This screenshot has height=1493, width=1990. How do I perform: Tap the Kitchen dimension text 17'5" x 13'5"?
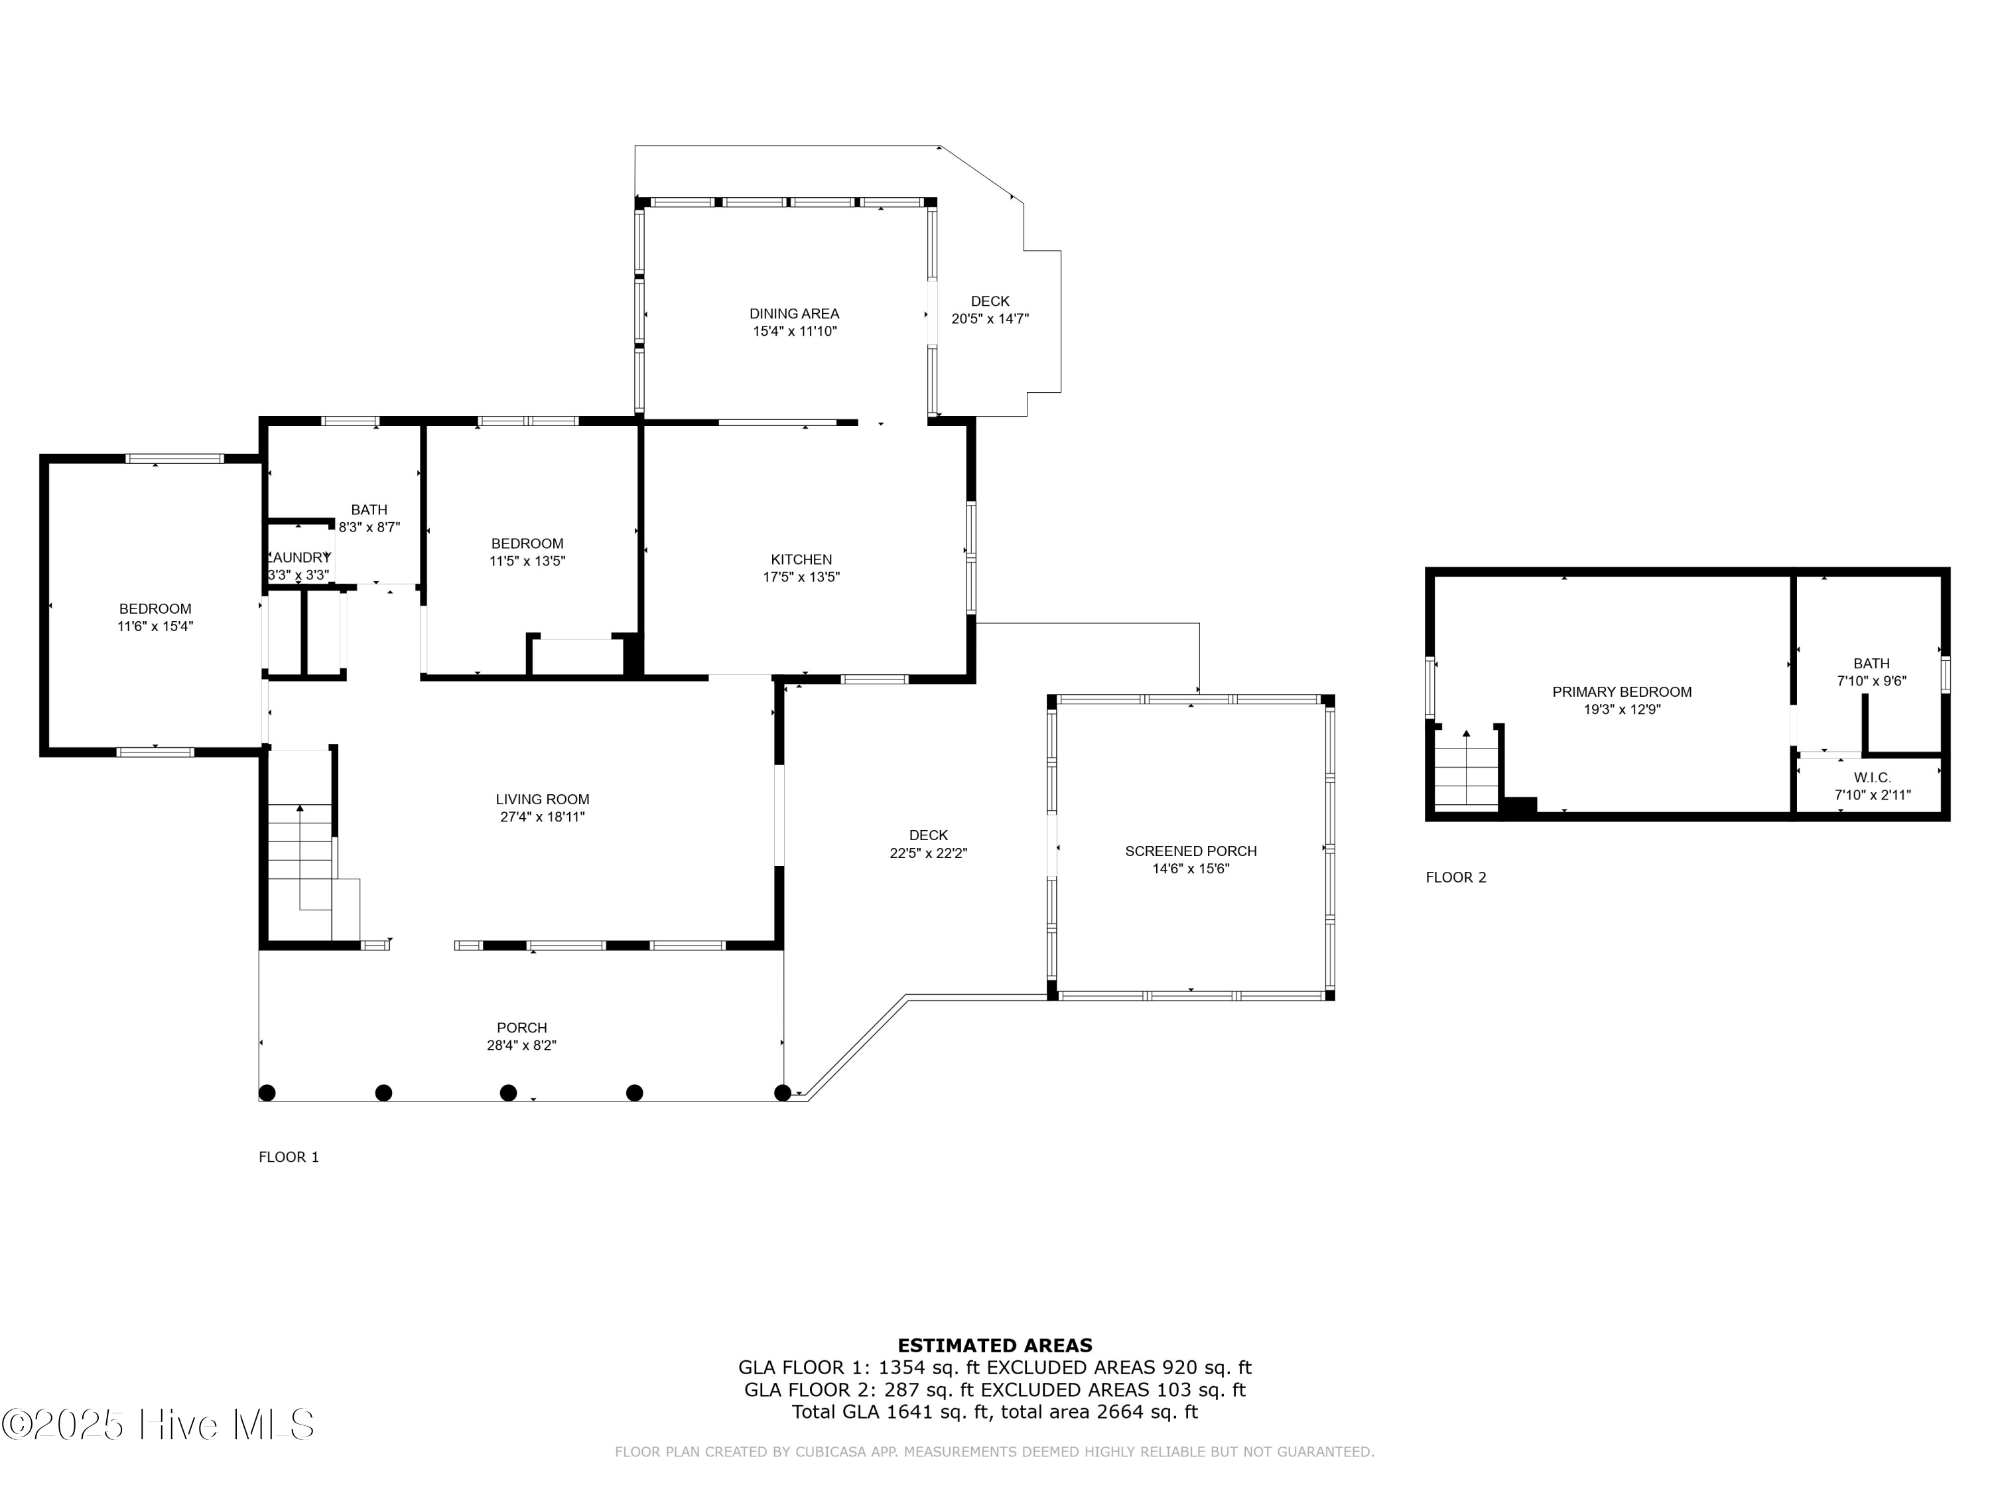click(x=801, y=577)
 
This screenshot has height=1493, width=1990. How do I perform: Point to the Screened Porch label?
click(x=1190, y=851)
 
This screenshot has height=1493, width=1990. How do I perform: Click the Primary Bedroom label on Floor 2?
click(x=1621, y=691)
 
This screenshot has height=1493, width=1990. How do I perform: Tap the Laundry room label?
click(x=298, y=557)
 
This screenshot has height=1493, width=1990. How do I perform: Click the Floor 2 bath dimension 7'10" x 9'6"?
click(x=1871, y=681)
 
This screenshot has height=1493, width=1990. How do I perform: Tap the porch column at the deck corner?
click(x=782, y=1092)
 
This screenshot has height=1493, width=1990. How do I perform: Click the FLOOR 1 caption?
click(x=289, y=1157)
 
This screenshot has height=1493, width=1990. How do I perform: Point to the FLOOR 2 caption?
click(x=1455, y=877)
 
